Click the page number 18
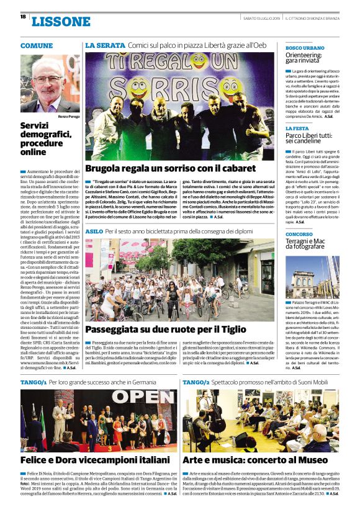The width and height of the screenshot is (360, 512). pos(23,17)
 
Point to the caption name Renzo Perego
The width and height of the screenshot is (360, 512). pos(69,116)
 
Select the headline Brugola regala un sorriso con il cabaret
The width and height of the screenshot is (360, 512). pos(170,169)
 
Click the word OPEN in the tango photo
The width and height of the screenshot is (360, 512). pos(144,396)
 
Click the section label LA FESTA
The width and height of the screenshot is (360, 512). pos(297,128)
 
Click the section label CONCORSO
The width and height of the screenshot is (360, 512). pos(299,234)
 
